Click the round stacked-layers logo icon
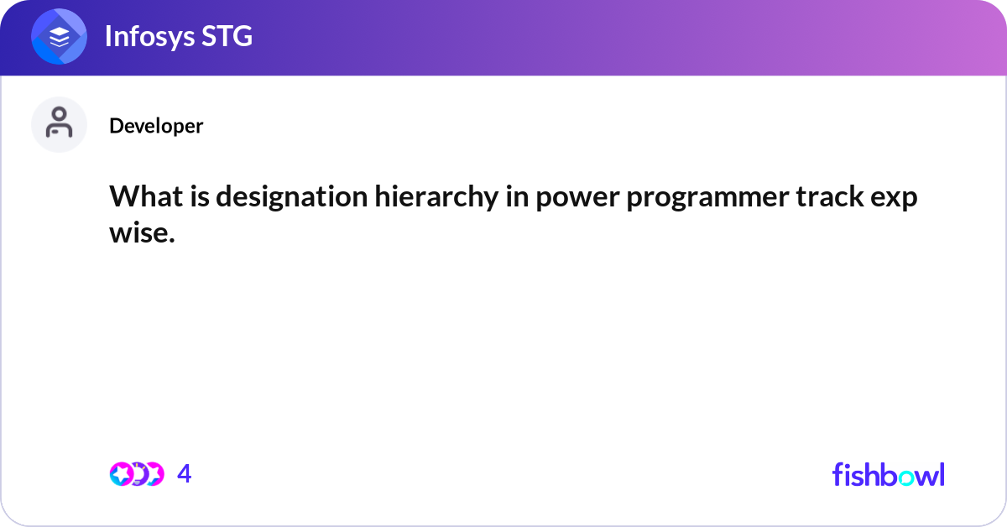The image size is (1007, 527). coord(59,37)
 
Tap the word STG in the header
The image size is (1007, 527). coord(227,37)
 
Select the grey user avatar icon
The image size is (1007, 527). coord(59,124)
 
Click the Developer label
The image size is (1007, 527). coord(156,126)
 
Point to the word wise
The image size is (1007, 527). coord(142,233)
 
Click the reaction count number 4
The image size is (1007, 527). coord(185,474)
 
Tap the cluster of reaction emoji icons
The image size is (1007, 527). coord(137,474)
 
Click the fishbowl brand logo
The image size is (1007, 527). coord(888,474)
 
